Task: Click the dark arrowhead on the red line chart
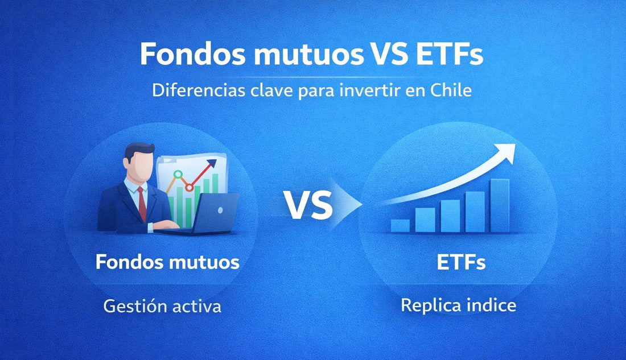point(212,164)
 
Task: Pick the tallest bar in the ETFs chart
point(500,205)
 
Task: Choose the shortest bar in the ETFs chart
point(400,225)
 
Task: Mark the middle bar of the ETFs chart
point(450,216)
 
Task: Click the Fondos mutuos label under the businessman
point(167,262)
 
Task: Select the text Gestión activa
point(162,306)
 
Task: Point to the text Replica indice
point(458,305)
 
